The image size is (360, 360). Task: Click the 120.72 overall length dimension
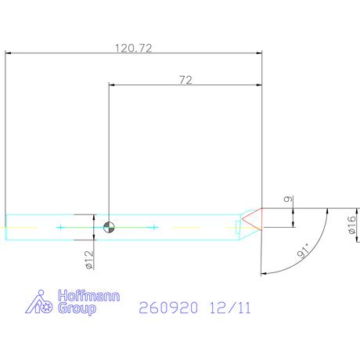click(x=133, y=48)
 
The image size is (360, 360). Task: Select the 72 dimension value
click(x=185, y=80)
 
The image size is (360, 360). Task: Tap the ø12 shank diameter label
click(x=89, y=260)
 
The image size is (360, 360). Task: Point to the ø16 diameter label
click(x=352, y=225)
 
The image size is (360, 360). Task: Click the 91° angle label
click(x=303, y=250)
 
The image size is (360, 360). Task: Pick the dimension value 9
click(x=288, y=200)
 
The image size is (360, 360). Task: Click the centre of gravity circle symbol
click(x=109, y=227)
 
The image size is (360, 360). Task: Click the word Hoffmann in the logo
click(x=89, y=296)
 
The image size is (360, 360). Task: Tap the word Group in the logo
click(x=77, y=308)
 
